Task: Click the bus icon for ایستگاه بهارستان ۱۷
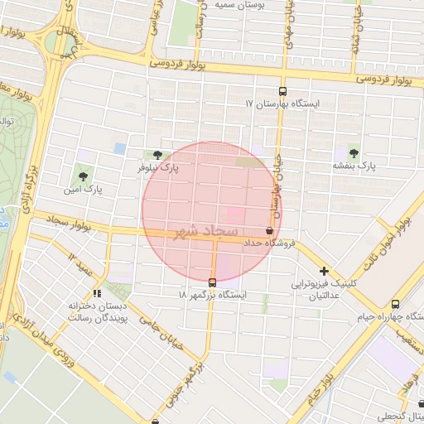[x=283, y=92]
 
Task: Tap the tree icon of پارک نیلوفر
[x=157, y=155]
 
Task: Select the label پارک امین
[x=86, y=190]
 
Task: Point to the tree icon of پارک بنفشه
[x=354, y=152]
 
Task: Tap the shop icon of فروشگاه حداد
[x=268, y=231]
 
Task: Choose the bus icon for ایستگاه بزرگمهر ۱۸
[x=213, y=282]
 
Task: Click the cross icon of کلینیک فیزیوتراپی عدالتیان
[x=324, y=271]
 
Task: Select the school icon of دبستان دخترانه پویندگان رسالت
[x=98, y=292]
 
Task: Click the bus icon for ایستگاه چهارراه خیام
[x=395, y=304]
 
